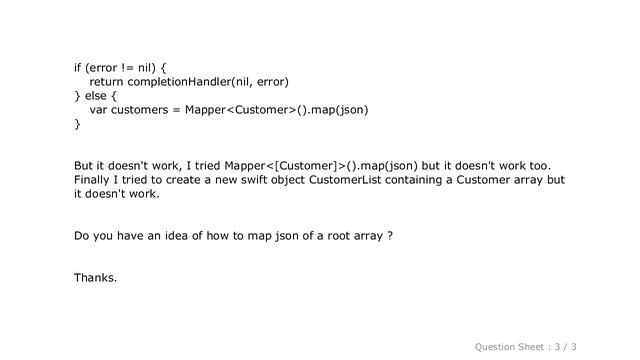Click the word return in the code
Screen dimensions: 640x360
pos(107,82)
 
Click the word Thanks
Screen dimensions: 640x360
pos(95,276)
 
